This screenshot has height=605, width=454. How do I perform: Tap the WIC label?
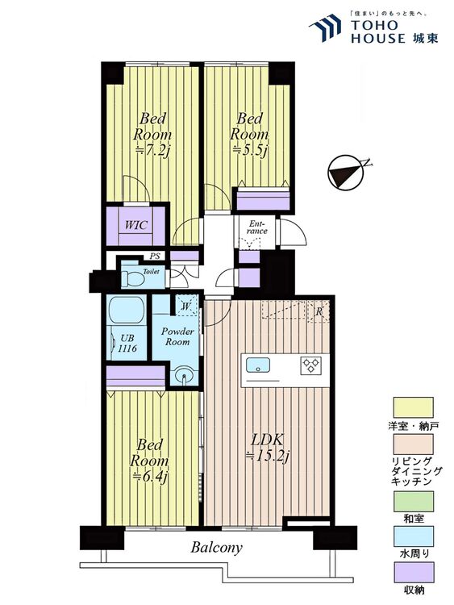pyautogui.click(x=135, y=224)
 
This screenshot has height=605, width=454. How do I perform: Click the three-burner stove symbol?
pyautogui.click(x=311, y=365)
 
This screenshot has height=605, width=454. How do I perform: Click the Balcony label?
pyautogui.click(x=216, y=548)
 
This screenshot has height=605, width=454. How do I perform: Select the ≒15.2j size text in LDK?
pyautogui.click(x=268, y=457)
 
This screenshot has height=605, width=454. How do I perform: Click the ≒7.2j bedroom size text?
pyautogui.click(x=152, y=151)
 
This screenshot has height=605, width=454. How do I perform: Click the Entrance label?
pyautogui.click(x=257, y=227)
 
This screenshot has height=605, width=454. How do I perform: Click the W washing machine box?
pyautogui.click(x=186, y=307)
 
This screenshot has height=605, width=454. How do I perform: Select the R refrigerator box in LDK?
pyautogui.click(x=319, y=311)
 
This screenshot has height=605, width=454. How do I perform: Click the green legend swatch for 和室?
pyautogui.click(x=413, y=501)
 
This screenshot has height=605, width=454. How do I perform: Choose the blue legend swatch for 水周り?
pyautogui.click(x=413, y=536)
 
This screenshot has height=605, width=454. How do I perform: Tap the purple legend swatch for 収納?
pyautogui.click(x=413, y=572)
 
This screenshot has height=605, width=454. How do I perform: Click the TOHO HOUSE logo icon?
pyautogui.click(x=325, y=27)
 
